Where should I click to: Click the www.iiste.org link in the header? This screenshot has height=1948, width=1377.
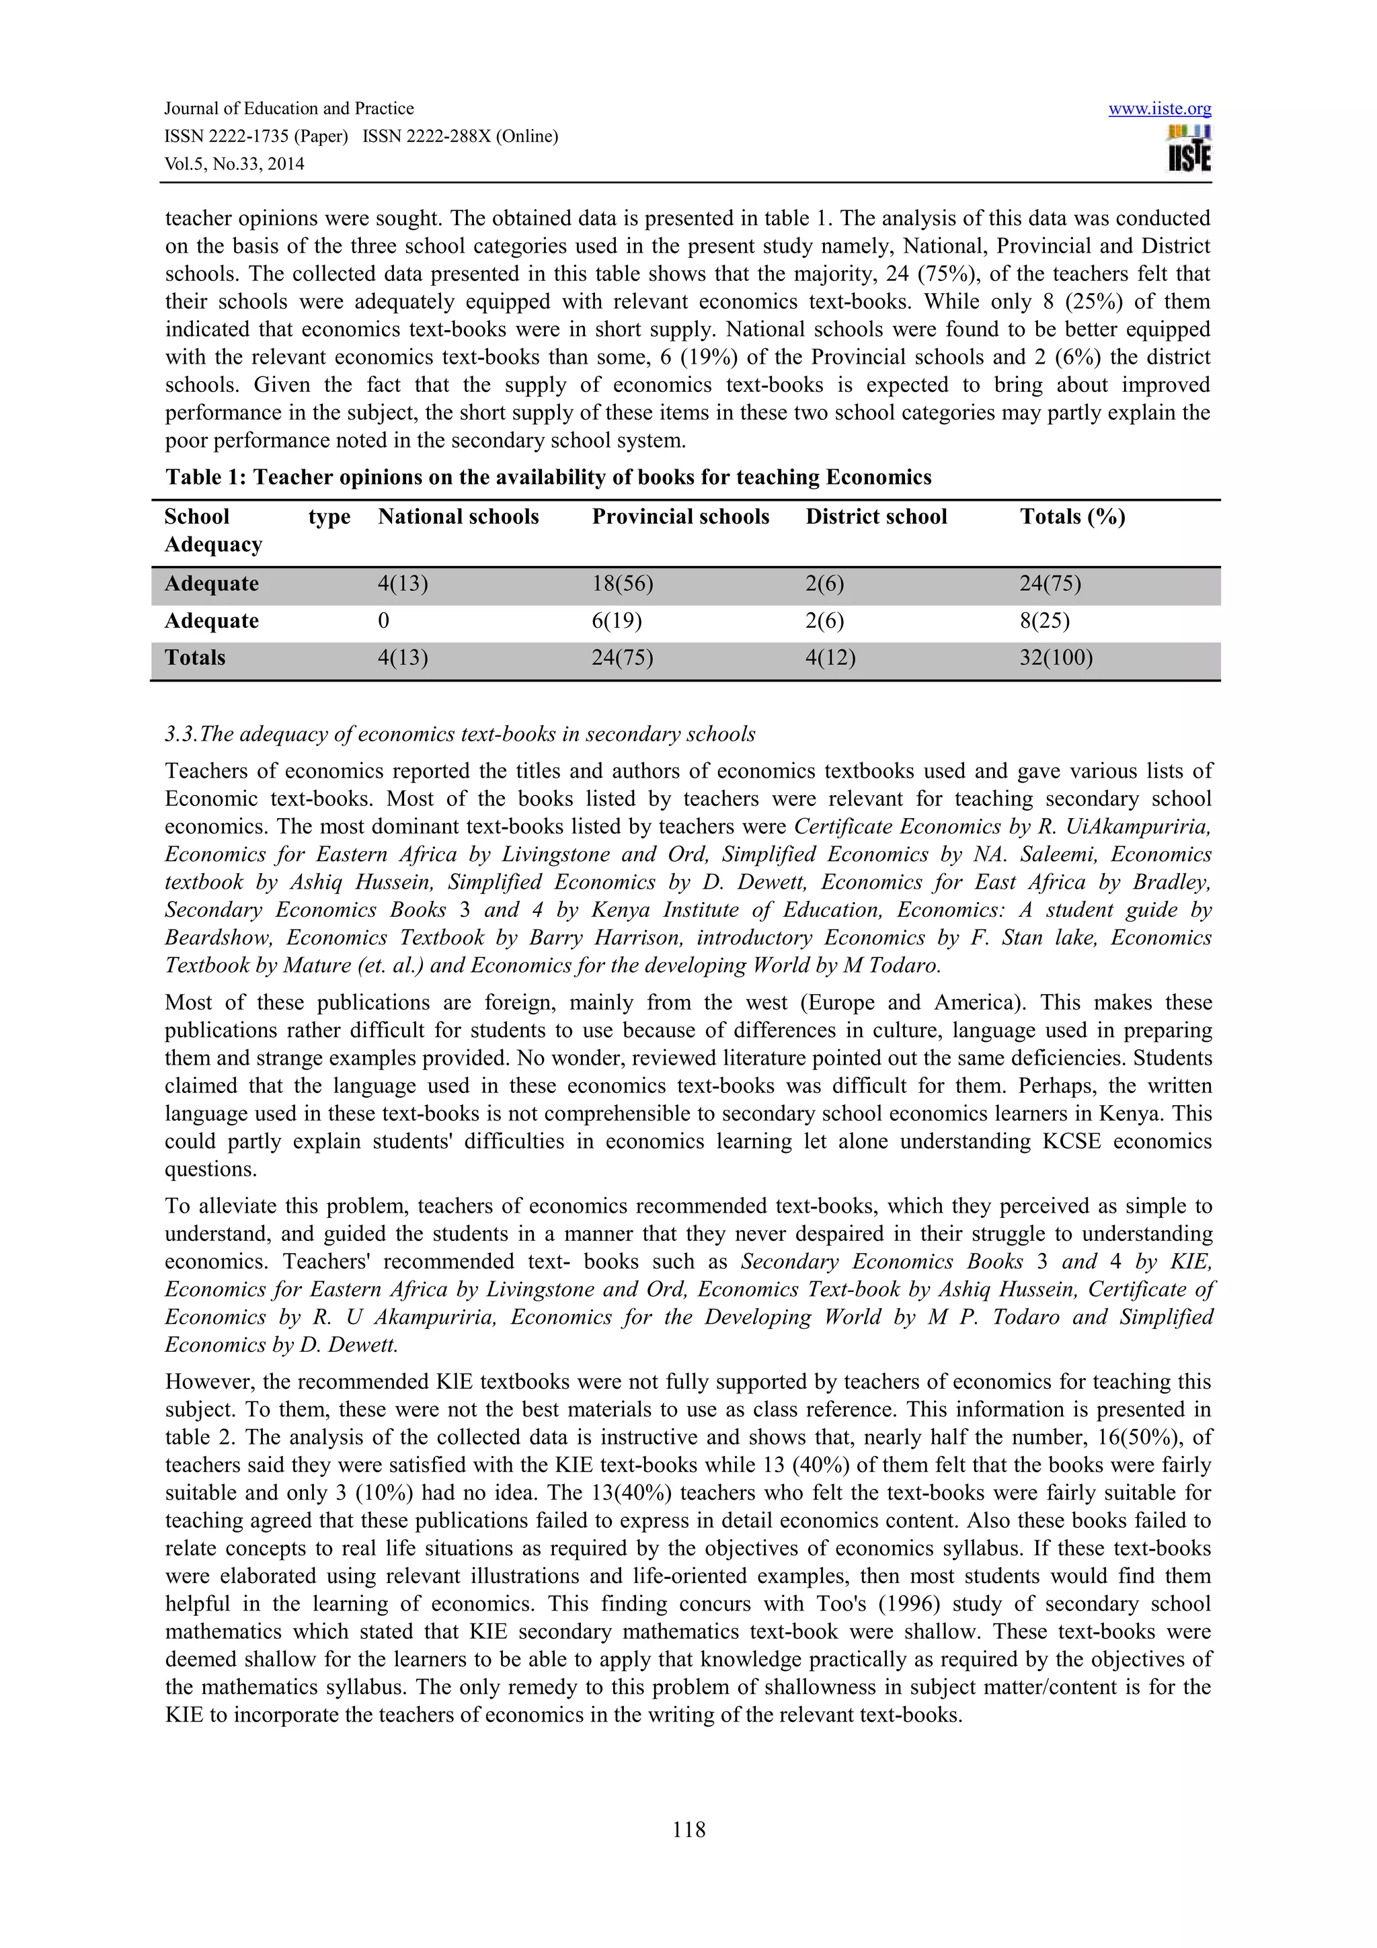[x=1159, y=109]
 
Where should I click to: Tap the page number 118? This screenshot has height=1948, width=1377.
[x=688, y=1830]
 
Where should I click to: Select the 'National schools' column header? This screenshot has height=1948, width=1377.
[x=458, y=517]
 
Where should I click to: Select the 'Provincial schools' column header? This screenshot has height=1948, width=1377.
[x=680, y=517]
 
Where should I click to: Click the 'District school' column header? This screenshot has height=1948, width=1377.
[x=875, y=517]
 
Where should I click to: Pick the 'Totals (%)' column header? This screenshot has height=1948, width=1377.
[x=1072, y=517]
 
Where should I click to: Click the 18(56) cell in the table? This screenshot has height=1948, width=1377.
[x=622, y=583]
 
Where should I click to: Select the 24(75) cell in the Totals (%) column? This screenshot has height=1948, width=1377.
[x=1050, y=583]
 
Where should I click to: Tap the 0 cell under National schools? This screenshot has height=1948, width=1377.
[x=383, y=621]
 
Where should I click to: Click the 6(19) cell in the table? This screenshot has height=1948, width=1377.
[x=617, y=621]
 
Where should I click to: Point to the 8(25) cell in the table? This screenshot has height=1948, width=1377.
[x=1044, y=621]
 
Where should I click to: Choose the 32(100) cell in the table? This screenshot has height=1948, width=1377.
[x=1056, y=657]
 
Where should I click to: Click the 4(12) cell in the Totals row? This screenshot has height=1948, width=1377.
[x=830, y=657]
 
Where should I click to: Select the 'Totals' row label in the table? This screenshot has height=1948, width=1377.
[x=195, y=657]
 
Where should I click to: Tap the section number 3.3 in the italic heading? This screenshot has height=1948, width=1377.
[x=180, y=734]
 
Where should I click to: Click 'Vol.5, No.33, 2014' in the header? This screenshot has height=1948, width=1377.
[x=234, y=164]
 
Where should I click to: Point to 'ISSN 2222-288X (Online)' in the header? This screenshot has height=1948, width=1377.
[x=460, y=136]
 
